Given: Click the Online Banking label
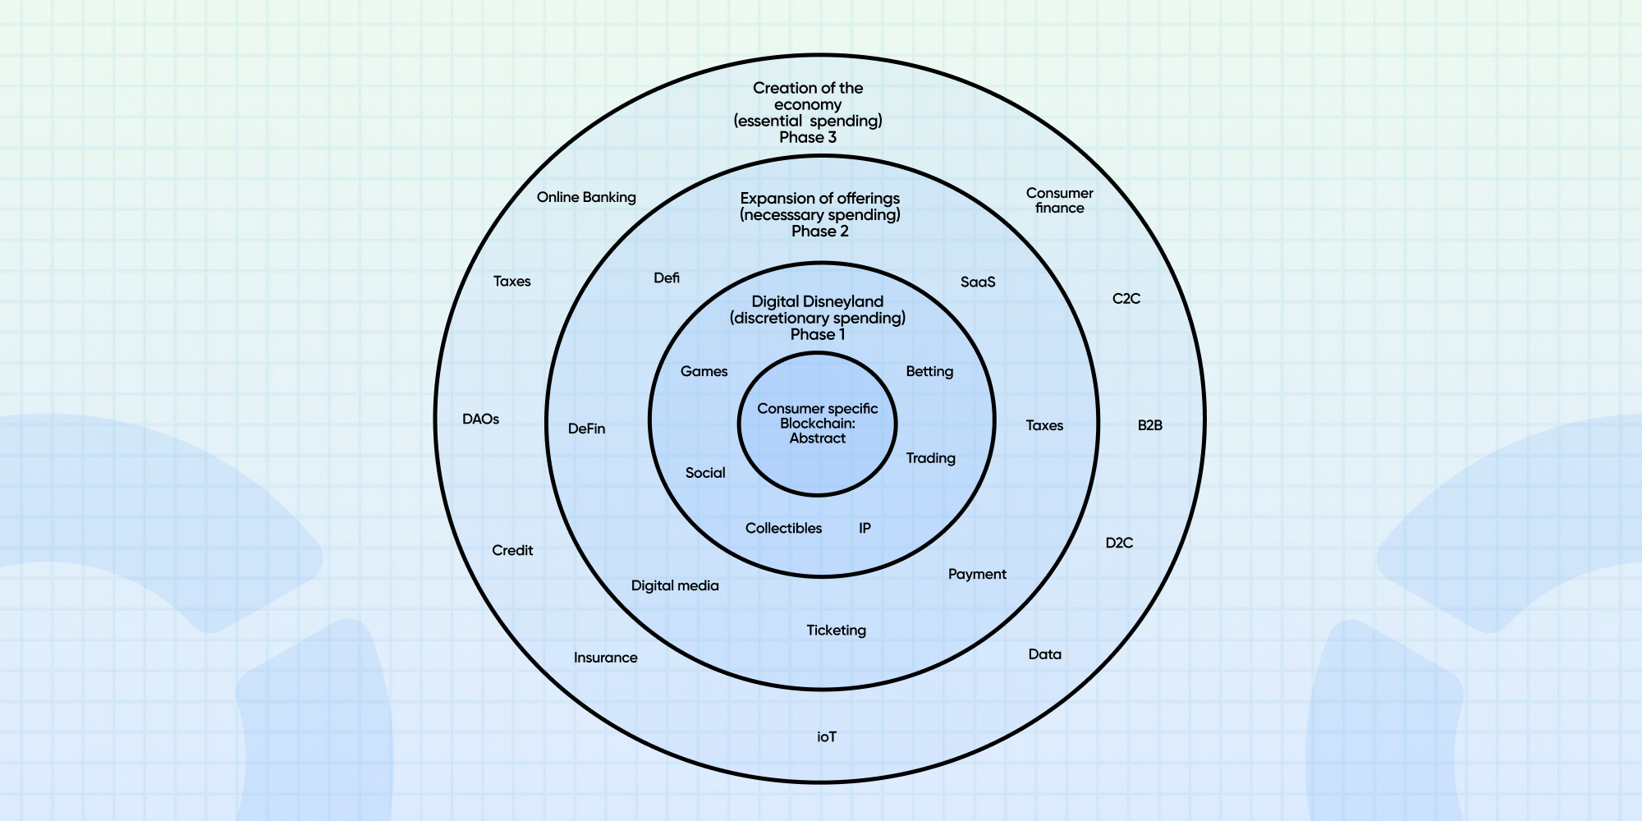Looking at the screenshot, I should click(x=586, y=197).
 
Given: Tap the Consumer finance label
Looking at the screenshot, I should click(x=1059, y=200).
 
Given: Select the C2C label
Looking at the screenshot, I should click(x=1126, y=299).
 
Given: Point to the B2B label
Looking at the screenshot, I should click(x=1149, y=425).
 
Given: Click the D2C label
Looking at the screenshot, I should click(x=1119, y=543).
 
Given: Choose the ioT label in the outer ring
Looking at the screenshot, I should click(x=827, y=737).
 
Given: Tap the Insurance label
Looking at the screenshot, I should click(x=605, y=658).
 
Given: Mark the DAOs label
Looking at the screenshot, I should click(x=480, y=420).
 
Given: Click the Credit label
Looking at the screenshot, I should click(x=512, y=550).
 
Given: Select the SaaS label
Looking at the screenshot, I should click(x=978, y=282).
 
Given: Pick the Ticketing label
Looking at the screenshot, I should click(x=836, y=631).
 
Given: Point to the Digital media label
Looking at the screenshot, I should click(x=675, y=585).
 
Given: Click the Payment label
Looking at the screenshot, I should click(x=977, y=574).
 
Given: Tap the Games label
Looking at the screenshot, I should click(x=704, y=372).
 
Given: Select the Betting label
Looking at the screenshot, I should click(x=929, y=372).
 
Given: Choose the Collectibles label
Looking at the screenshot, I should click(x=783, y=528).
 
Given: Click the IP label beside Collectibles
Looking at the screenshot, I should click(x=865, y=528).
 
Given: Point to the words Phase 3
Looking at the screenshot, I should click(x=808, y=138).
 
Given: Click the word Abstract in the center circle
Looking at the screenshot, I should click(x=818, y=438).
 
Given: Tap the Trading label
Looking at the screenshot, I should click(x=930, y=458).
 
